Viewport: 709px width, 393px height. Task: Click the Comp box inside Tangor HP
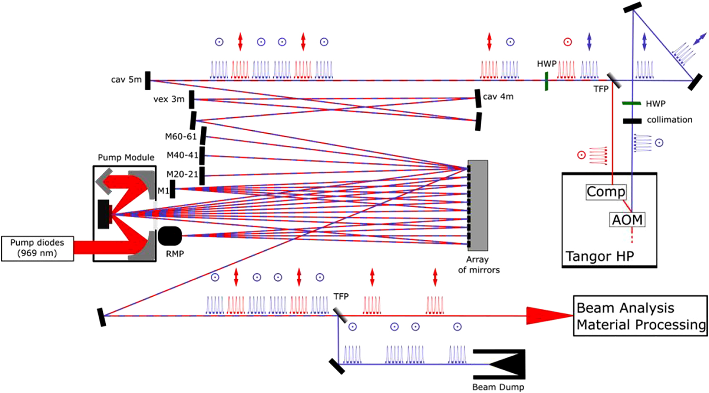coord(606,192)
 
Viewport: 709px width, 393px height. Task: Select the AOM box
coord(627,220)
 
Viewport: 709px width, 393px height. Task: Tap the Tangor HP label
coord(599,256)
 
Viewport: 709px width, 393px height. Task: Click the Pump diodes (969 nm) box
coord(37,248)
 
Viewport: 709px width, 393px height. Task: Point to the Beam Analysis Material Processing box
coord(640,316)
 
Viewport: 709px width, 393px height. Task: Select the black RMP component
coord(170,236)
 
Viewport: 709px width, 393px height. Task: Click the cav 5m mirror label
coord(126,80)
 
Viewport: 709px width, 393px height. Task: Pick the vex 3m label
coord(169,99)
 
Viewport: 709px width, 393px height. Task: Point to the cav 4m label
coord(498,97)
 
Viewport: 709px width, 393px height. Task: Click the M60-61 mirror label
coord(181,137)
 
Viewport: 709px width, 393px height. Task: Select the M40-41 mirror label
coord(182,155)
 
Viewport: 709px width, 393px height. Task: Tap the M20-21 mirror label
coord(182,174)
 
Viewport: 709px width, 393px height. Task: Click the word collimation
coord(669,120)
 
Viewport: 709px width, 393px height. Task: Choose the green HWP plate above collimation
coord(632,103)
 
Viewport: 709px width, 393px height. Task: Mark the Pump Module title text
coord(126,157)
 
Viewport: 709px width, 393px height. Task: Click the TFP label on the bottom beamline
coord(341,296)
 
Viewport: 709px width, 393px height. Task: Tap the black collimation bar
coord(632,121)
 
